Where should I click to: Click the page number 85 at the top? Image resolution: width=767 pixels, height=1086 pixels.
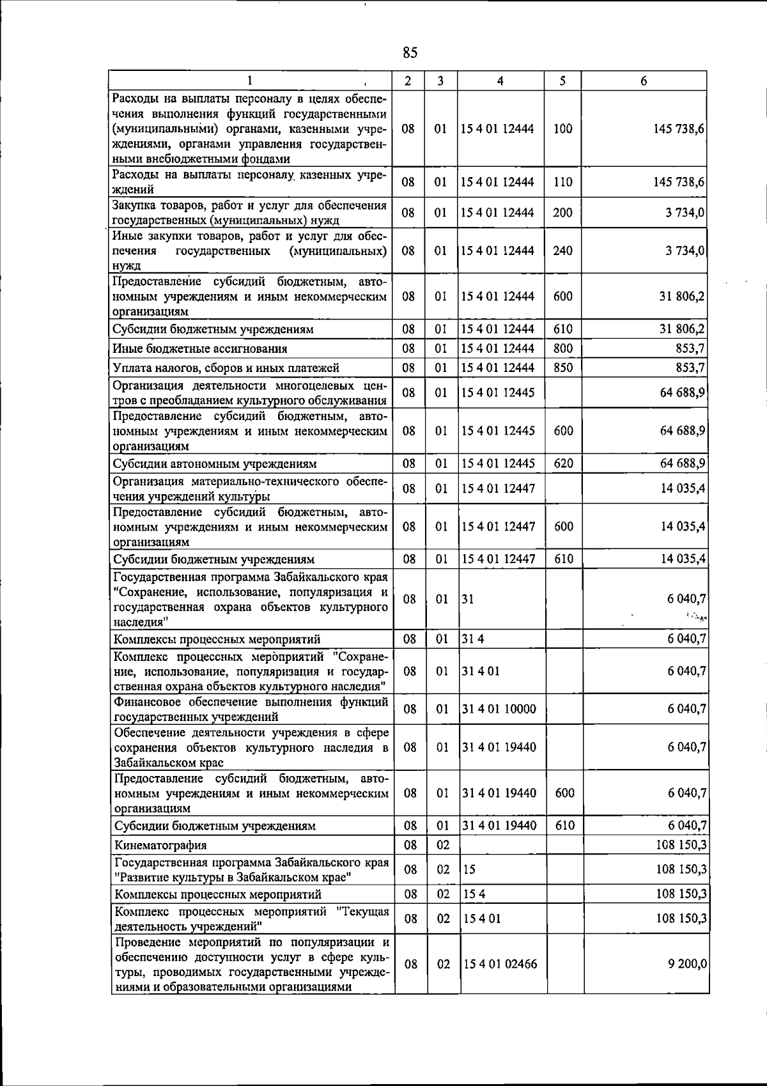410,52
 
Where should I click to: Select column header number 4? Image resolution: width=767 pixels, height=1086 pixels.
500,81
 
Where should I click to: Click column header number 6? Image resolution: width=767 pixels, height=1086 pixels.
644,81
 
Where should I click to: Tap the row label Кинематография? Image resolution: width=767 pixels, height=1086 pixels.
160,845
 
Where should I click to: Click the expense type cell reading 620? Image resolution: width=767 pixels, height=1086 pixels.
563,463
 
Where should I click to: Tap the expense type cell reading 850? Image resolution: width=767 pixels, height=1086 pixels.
563,368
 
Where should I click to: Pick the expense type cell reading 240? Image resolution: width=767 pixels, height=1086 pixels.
563,251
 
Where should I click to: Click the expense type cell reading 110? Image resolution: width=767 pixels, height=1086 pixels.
563,182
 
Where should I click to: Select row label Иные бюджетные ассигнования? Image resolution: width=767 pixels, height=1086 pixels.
200,349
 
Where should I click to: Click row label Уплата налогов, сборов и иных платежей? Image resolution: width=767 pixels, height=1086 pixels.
226,368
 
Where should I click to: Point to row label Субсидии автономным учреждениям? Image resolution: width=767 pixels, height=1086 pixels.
215,464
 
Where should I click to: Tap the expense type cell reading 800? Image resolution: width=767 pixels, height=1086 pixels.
563,348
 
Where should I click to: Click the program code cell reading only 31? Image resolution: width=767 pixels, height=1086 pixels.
468,599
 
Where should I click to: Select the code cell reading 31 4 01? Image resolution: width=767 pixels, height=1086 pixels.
481,671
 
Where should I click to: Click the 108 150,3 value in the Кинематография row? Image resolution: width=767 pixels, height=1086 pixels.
681,845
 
